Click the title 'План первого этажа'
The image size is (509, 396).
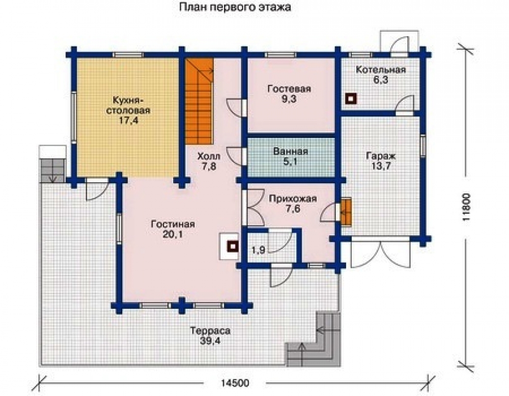click(x=235, y=7)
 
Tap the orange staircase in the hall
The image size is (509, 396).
click(x=199, y=101)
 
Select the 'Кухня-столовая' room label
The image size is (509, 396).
click(x=128, y=105)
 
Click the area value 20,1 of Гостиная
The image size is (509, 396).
click(x=173, y=234)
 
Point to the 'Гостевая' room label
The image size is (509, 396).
click(x=289, y=89)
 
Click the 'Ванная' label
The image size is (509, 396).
click(x=291, y=151)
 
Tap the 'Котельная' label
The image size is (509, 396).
click(x=381, y=70)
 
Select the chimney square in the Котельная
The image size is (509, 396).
click(x=351, y=99)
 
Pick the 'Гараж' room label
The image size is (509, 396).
click(x=381, y=156)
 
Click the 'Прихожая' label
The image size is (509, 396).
click(x=293, y=199)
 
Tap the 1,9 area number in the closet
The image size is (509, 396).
click(x=259, y=250)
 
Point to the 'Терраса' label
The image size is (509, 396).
click(x=210, y=331)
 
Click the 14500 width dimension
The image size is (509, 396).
click(x=235, y=383)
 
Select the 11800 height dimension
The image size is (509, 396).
click(x=466, y=207)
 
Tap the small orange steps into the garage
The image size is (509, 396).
click(x=346, y=212)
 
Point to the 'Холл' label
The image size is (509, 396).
click(x=209, y=156)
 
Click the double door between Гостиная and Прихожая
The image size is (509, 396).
click(x=253, y=208)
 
